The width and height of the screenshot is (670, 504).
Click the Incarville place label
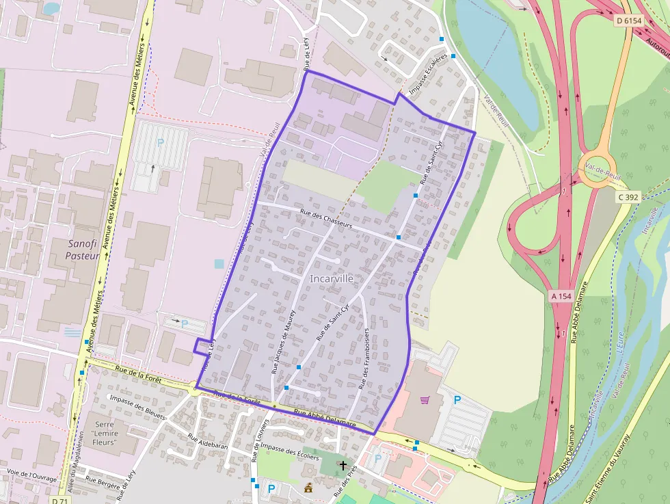332,279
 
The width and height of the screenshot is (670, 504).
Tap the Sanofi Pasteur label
83,250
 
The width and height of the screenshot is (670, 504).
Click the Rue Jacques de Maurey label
282,342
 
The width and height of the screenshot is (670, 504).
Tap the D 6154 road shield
628,21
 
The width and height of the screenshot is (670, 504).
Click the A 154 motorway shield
561,296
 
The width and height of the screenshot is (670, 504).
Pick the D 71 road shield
60,500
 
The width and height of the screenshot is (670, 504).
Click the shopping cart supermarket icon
425,400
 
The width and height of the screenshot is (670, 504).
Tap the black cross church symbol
343,465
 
